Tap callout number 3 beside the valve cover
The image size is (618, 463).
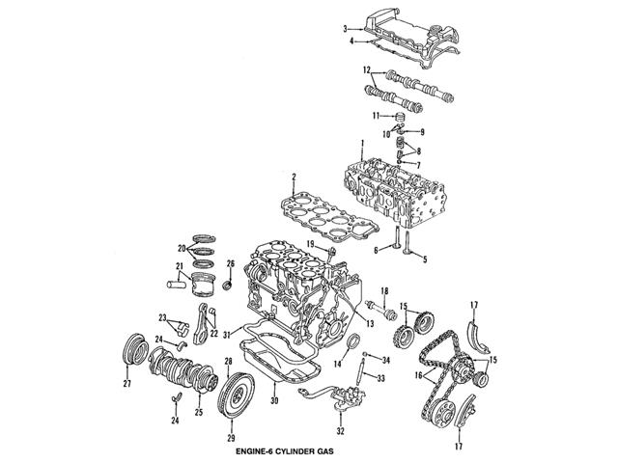(x=345, y=29)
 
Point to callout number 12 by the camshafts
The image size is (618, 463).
(x=367, y=69)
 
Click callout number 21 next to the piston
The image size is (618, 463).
(x=180, y=267)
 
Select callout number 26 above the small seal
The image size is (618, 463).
(x=230, y=264)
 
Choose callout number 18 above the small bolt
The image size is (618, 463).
(x=383, y=291)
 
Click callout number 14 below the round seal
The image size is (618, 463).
(x=338, y=365)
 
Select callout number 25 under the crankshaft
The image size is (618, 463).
(x=199, y=413)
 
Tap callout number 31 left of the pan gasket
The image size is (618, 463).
(x=224, y=335)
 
